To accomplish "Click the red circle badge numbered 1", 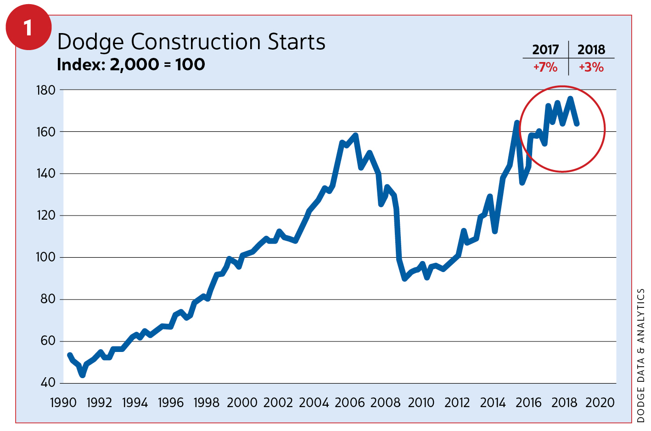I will (28, 28).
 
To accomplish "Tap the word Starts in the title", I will (297, 42).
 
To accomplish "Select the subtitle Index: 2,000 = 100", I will (131, 64).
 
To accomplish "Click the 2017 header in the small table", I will (545, 50).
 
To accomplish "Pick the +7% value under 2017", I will (545, 68).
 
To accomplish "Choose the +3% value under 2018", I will (591, 68).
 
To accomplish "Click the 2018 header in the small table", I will (591, 50).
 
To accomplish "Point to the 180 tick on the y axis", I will (45, 90).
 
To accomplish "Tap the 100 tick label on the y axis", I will (45, 257).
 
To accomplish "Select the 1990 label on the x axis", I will (63, 403).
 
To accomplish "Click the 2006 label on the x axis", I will (349, 403).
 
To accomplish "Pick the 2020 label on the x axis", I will (600, 403).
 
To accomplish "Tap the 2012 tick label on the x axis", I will (457, 403).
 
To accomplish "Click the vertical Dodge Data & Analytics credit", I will (641, 355).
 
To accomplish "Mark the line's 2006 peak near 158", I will (355, 136).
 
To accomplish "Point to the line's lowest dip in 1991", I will (82, 375).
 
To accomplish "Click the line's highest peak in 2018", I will (570, 98).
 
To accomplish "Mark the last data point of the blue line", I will (577, 124).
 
